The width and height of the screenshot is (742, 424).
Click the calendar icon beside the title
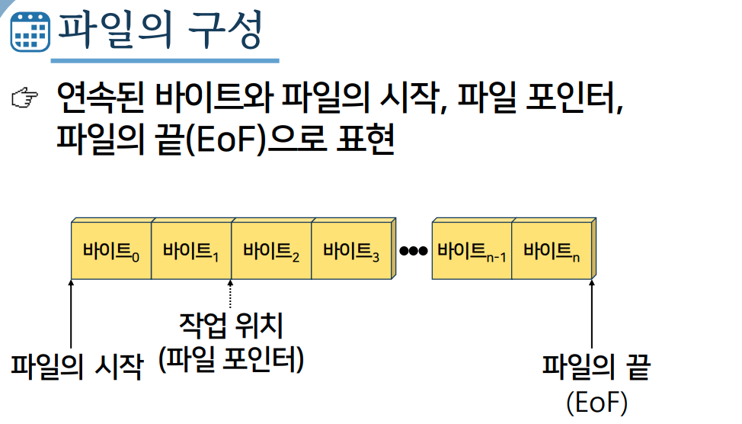28,31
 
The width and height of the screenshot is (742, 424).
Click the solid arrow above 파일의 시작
71,313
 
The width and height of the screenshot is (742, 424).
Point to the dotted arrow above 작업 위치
230,294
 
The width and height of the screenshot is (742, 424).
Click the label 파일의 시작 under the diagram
76,365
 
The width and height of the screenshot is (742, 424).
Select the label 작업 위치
231,326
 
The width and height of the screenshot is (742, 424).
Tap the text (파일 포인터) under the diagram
231,359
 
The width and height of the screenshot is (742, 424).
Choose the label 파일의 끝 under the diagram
596,368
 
